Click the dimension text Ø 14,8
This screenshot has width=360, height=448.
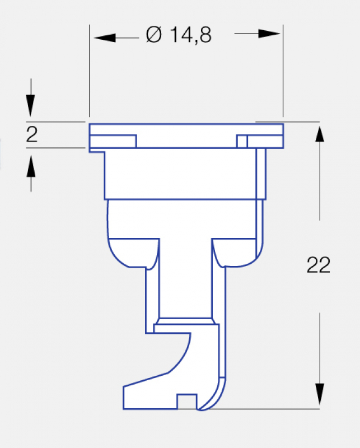point(179,36)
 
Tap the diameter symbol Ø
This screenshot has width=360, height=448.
point(154,36)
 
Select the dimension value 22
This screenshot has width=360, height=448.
point(319,265)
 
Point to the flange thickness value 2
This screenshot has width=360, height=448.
point(32,135)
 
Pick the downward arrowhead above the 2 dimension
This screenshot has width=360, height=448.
point(31,106)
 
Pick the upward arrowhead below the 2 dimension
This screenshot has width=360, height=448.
point(31,165)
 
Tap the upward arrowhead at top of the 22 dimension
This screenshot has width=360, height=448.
point(320,136)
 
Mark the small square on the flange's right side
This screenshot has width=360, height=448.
point(242,141)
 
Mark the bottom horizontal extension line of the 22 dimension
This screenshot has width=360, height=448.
point(263,409)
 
